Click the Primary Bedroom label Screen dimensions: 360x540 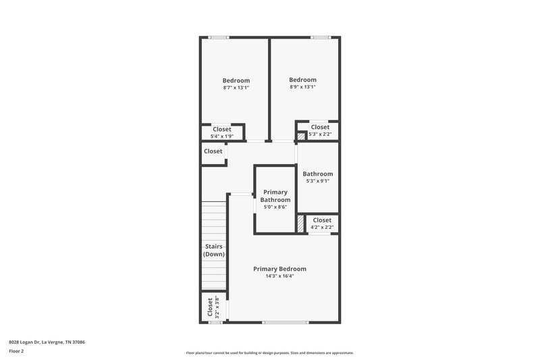pos(279,269)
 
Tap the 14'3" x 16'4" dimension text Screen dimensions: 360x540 pos(279,276)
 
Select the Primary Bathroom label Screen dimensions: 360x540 pos(275,196)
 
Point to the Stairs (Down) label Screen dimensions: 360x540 pos(214,250)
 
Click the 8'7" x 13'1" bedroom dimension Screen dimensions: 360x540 pos(236,88)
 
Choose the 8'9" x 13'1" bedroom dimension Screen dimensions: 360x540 pos(302,87)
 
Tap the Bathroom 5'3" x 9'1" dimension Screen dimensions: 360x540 pos(318,181)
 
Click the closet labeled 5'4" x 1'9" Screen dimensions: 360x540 pos(222,136)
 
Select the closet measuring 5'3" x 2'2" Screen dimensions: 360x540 pos(319,134)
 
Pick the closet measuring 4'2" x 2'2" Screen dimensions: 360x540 pos(322,227)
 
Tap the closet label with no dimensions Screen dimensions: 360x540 pos(213,151)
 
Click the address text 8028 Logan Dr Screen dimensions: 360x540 pos(47,342)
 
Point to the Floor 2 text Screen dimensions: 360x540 pos(16,351)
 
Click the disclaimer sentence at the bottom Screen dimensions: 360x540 pos(270,353)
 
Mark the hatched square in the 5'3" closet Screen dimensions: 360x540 pos(301,136)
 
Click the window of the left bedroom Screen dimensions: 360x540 pos(218,37)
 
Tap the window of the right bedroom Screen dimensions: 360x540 pos(319,37)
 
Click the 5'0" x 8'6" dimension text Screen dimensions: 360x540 pos(275,207)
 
